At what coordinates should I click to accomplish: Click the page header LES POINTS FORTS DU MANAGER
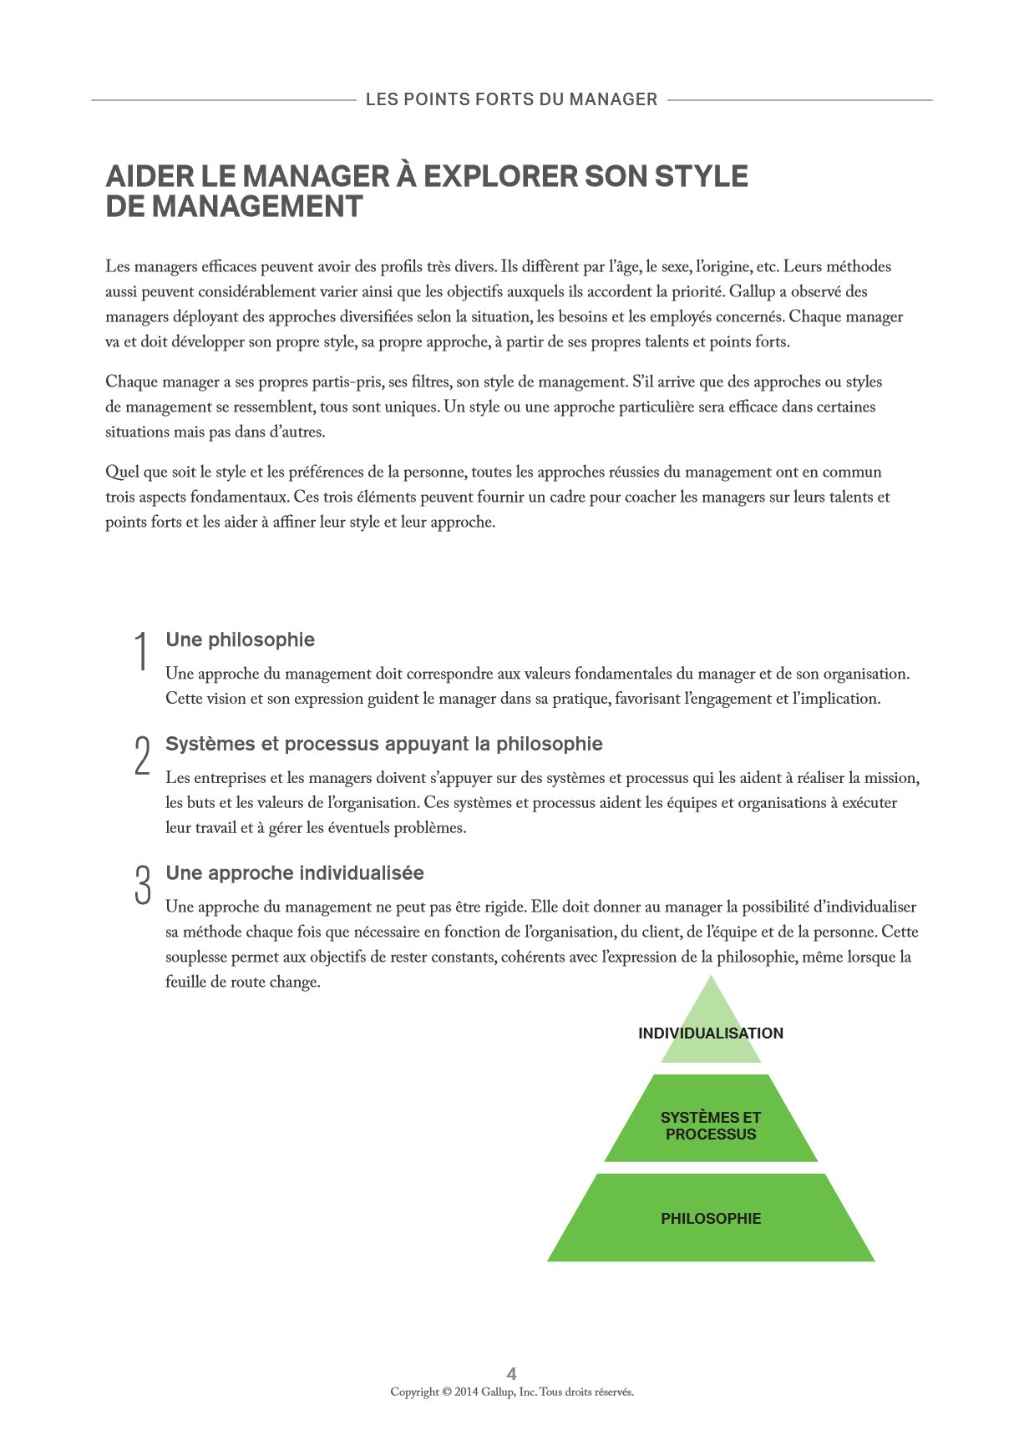tap(511, 99)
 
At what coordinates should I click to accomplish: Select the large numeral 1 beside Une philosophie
tap(142, 651)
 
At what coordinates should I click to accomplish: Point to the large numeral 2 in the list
tap(142, 755)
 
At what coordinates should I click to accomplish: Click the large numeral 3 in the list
tap(143, 884)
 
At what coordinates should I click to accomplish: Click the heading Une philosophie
tap(240, 640)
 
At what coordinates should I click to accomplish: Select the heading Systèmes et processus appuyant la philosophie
tap(383, 744)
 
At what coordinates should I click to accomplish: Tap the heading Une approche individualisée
tap(294, 873)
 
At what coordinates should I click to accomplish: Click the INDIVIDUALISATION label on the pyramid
tap(710, 1033)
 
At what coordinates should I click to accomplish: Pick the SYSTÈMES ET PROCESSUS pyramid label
tap(711, 1125)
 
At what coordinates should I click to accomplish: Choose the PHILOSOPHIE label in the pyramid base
tap(711, 1219)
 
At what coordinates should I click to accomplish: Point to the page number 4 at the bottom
tap(512, 1373)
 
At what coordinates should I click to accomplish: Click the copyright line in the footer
tap(512, 1392)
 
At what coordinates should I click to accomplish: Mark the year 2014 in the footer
tap(466, 1392)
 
